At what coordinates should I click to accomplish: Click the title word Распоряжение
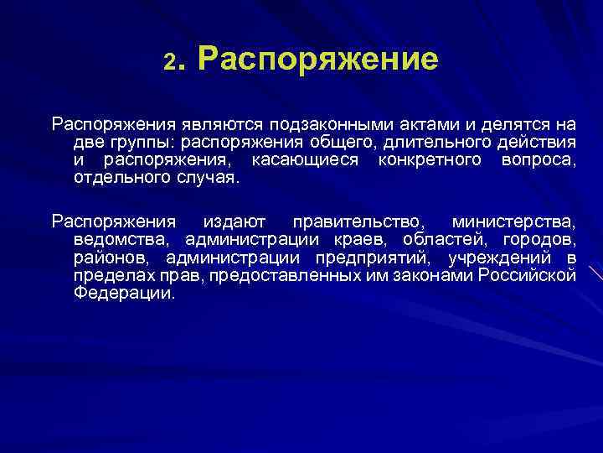319,60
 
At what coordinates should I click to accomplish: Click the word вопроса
539,159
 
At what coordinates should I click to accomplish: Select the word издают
234,222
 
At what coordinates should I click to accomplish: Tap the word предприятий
376,258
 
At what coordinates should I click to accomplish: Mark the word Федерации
125,294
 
